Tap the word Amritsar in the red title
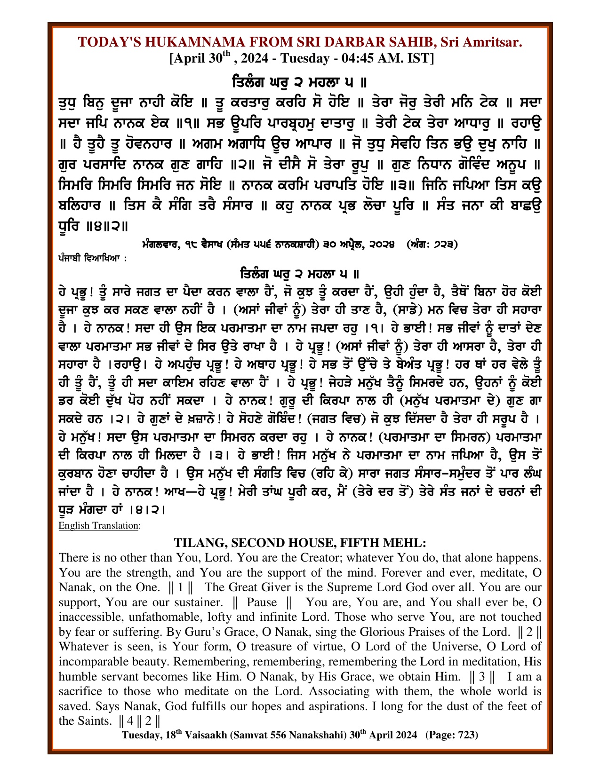(492, 42)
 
